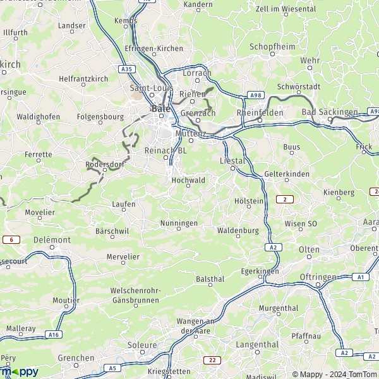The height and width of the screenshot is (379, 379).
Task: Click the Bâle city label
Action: [x=159, y=109]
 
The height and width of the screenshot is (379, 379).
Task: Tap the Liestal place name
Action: [x=231, y=161]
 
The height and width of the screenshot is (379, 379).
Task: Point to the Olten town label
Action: [x=309, y=250]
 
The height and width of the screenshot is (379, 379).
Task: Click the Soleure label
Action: [x=142, y=346]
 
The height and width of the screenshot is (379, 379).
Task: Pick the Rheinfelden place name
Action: [x=258, y=112]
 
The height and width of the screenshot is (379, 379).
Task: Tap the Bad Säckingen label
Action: [x=329, y=112]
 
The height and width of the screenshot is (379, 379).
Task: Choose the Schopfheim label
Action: [x=272, y=47]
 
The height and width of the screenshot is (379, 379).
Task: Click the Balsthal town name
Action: [x=210, y=279]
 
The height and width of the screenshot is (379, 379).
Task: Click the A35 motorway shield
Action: [x=126, y=68]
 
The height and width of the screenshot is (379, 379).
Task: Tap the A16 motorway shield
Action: [x=54, y=335]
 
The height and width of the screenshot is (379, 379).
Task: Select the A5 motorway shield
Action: [x=113, y=368]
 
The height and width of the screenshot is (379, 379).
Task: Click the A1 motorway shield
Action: [x=360, y=277]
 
